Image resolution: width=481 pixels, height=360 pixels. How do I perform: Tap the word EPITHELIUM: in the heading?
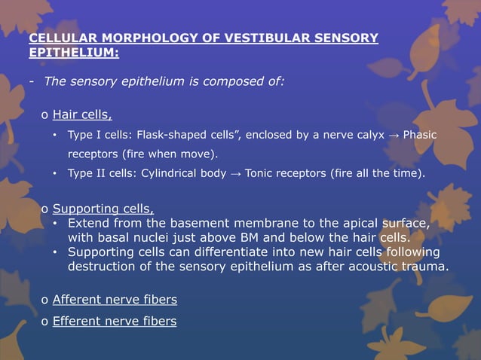(x=72, y=53)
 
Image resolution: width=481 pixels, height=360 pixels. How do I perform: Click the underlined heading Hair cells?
(x=82, y=115)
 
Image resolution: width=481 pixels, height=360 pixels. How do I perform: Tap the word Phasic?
(x=420, y=136)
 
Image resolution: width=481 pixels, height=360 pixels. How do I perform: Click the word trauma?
(x=427, y=267)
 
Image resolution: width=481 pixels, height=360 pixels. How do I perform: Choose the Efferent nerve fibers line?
(x=115, y=322)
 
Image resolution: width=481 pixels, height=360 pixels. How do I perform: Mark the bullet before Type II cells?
(x=55, y=174)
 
